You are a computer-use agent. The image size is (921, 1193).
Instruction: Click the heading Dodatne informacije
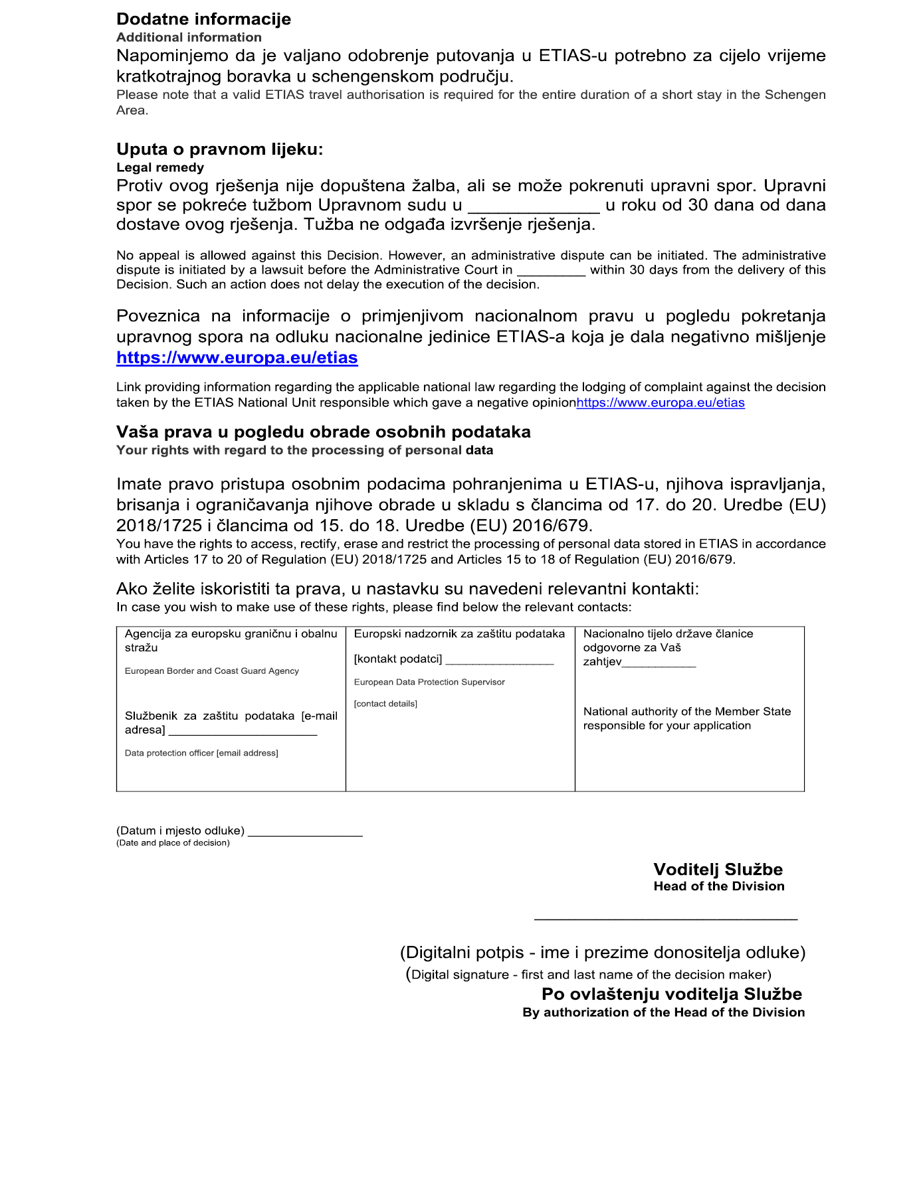(203, 19)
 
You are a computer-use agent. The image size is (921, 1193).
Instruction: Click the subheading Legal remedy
(159, 167)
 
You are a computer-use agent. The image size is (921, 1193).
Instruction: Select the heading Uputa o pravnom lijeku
(219, 149)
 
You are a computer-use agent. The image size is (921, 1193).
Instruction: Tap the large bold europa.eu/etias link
(237, 357)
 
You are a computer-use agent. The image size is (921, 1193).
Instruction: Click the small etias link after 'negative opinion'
(660, 402)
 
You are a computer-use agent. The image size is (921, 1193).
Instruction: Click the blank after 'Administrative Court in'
(551, 271)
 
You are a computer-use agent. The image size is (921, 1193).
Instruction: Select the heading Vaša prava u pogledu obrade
(323, 432)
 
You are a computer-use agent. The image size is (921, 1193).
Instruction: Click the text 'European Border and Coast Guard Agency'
(211, 671)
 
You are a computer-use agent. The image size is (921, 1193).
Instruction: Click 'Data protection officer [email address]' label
(201, 753)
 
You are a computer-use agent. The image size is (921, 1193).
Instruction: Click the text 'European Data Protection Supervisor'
(429, 682)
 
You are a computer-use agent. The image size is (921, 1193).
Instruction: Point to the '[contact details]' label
(385, 704)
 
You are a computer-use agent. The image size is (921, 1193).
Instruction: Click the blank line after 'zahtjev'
(659, 663)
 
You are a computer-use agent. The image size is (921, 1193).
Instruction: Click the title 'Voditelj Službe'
(718, 869)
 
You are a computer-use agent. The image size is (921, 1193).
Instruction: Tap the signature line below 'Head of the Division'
(665, 919)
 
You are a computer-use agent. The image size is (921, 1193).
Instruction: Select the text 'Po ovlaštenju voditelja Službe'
(671, 994)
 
